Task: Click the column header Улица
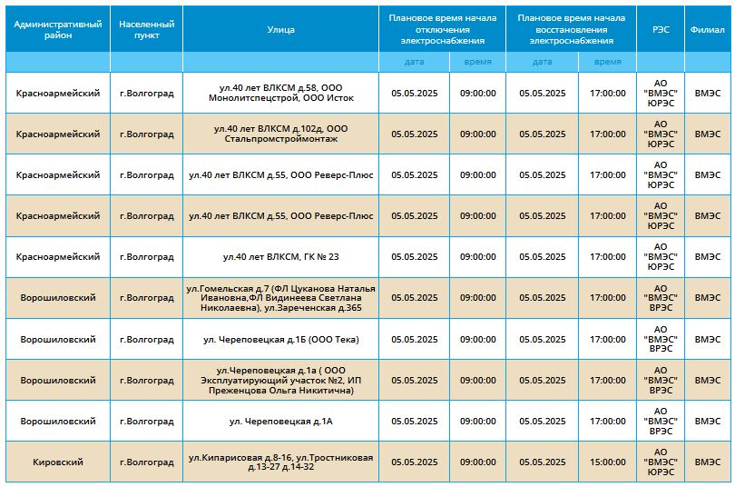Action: click(280, 30)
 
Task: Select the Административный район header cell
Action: click(58, 30)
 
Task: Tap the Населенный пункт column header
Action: click(147, 30)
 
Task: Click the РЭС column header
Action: click(661, 30)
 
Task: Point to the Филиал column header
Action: click(708, 30)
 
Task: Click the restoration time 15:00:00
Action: click(607, 462)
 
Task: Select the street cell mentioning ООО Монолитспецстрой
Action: click(280, 93)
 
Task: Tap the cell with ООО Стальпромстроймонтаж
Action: click(280, 134)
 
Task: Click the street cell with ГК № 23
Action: click(280, 256)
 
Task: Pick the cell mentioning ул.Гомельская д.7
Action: click(280, 298)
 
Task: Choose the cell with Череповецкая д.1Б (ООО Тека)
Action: click(280, 339)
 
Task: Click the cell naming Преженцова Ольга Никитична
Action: click(280, 380)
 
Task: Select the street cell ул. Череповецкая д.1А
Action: click(280, 422)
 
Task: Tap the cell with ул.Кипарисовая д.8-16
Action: click(280, 462)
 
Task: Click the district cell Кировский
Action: click(58, 462)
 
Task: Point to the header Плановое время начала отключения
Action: click(443, 29)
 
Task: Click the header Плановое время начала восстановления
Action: click(572, 29)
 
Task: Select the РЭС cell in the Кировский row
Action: click(661, 462)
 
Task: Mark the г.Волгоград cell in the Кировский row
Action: click(147, 462)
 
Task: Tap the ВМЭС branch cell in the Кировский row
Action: click(708, 462)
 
